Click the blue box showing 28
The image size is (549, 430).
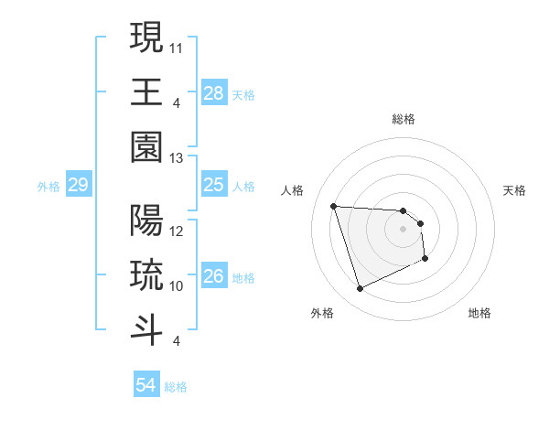point(214,92)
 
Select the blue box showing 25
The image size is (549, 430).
point(214,186)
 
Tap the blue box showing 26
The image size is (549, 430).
point(214,276)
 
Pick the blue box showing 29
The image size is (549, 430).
point(79,186)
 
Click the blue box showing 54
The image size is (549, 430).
point(146,385)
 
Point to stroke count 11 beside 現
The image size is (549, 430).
point(178,46)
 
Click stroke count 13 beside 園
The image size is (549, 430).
point(178,158)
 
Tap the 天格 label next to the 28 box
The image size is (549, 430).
point(243,94)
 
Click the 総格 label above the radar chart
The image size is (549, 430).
point(404,119)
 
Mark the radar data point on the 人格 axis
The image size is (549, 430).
point(334,206)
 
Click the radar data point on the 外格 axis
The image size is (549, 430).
point(360,289)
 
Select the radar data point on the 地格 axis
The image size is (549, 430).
point(425,259)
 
